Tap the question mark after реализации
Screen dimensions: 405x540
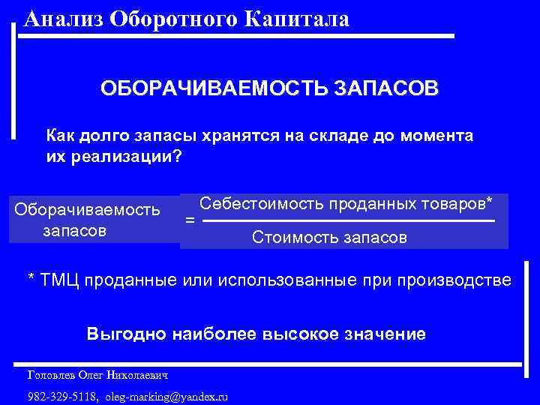178,157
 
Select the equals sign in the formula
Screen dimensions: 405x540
190,222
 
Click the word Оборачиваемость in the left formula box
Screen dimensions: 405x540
88,209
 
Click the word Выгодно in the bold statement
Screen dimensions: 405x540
121,334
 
